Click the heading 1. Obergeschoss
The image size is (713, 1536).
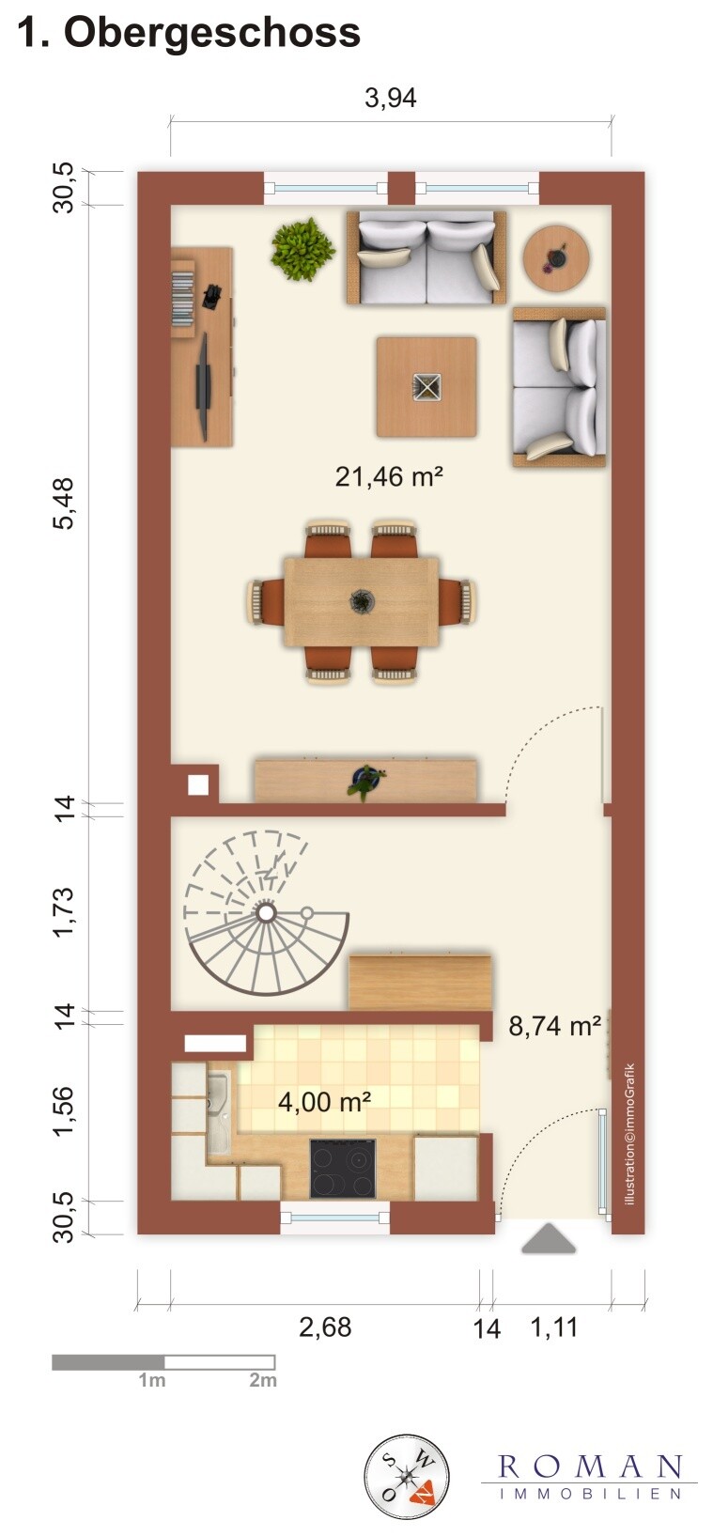189,34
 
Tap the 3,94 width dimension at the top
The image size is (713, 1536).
390,98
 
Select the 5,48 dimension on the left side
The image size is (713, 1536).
64,503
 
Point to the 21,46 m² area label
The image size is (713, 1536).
389,476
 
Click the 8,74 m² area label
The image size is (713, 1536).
554,1025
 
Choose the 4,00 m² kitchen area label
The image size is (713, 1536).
324,1101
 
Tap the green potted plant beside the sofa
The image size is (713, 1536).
302,249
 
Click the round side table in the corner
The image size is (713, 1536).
556,256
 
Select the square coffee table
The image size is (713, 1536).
426,387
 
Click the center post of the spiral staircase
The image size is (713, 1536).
266,912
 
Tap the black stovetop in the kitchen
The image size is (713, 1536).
342,1168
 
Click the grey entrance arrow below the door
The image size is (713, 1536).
549,1239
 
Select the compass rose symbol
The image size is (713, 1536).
406,1477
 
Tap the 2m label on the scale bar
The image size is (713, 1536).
263,1380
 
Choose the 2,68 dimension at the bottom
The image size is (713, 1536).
325,1327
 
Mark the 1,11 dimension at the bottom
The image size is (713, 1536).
554,1327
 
